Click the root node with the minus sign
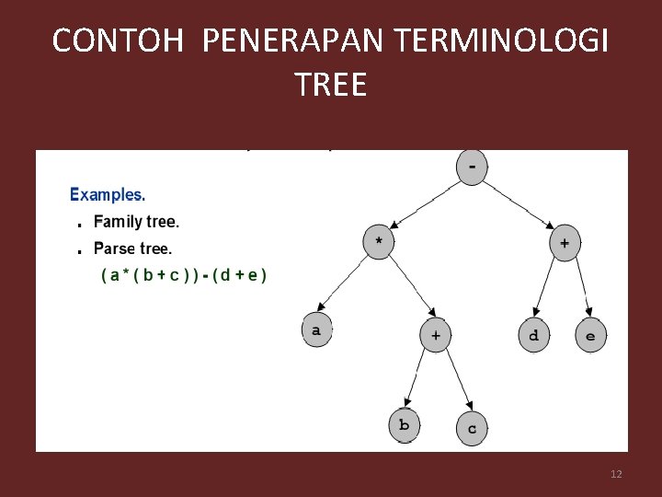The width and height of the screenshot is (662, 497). coord(473,167)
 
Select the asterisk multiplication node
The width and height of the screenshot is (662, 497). coord(380,242)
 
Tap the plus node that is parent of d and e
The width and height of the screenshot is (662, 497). coord(565,243)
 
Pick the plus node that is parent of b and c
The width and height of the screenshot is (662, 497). coord(436,335)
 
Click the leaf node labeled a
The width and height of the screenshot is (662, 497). coord(317,330)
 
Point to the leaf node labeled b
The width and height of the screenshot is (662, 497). coord(404,425)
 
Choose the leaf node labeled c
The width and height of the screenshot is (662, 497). coord(473,428)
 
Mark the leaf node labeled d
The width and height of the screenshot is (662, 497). coord(534,335)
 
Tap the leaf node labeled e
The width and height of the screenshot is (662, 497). coord(590,336)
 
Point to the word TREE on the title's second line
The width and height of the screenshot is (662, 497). coord(331,85)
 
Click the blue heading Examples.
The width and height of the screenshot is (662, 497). coord(108,194)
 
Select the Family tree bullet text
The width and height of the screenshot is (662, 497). coord(136,222)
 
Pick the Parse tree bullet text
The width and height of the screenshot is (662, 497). coord(132,248)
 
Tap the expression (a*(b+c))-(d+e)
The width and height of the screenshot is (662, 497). coord(184,275)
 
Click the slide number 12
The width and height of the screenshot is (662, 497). coord(616,474)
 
